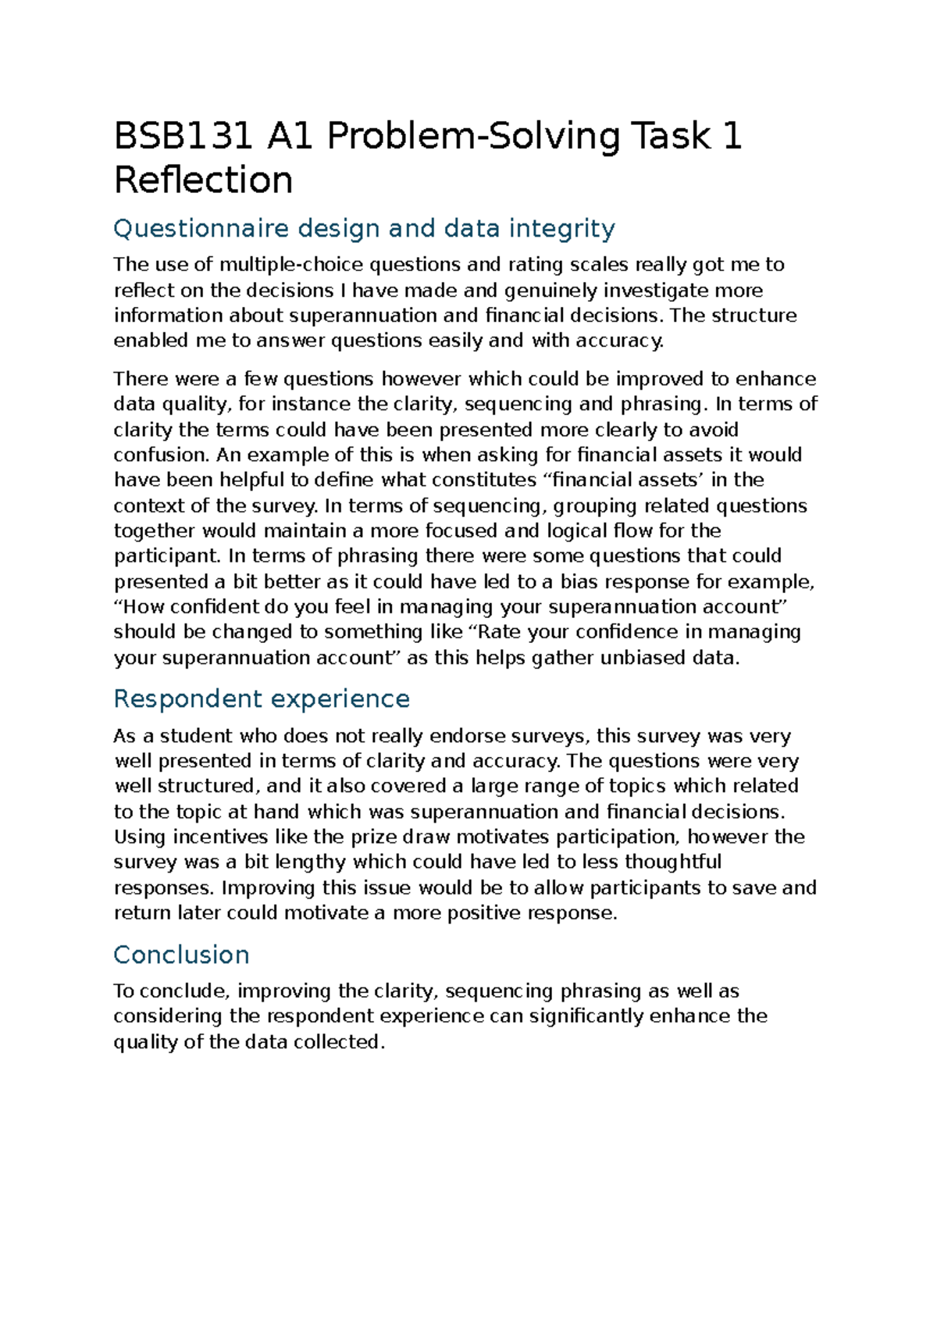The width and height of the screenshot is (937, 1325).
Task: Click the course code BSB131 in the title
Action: click(x=183, y=136)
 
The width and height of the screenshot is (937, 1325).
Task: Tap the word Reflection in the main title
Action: click(x=203, y=180)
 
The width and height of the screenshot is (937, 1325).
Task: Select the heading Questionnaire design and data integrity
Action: click(x=364, y=228)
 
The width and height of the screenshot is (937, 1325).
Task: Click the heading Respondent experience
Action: click(x=261, y=698)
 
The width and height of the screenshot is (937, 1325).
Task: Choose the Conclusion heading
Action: click(x=181, y=954)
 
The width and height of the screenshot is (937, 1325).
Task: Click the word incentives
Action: click(x=220, y=837)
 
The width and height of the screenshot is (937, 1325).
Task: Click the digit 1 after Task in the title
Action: click(x=732, y=136)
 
